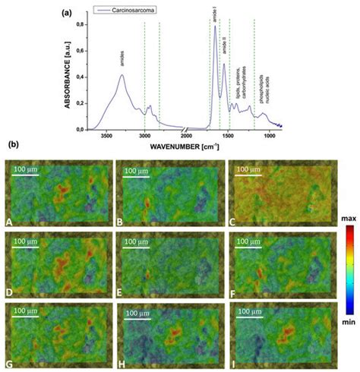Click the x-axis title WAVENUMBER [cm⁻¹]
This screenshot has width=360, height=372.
pyautogui.click(x=186, y=145)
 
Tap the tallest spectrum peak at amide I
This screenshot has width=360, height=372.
pyautogui.click(x=215, y=27)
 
